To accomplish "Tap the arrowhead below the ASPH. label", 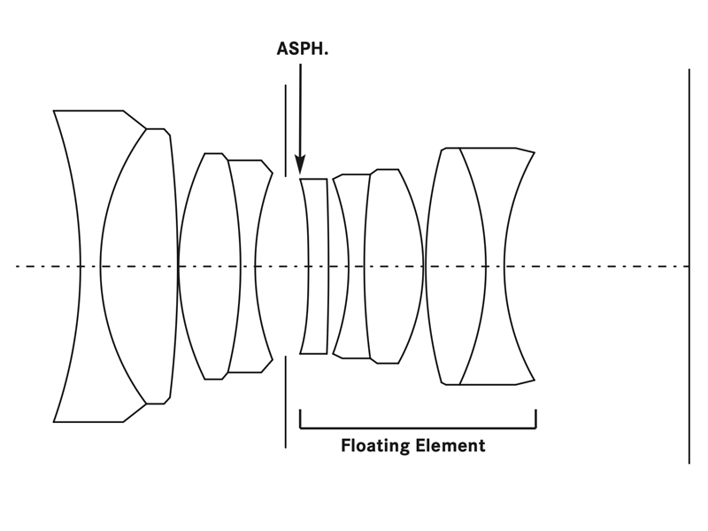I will (300, 165).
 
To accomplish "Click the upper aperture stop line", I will (286, 128).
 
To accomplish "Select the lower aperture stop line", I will (286, 403).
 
